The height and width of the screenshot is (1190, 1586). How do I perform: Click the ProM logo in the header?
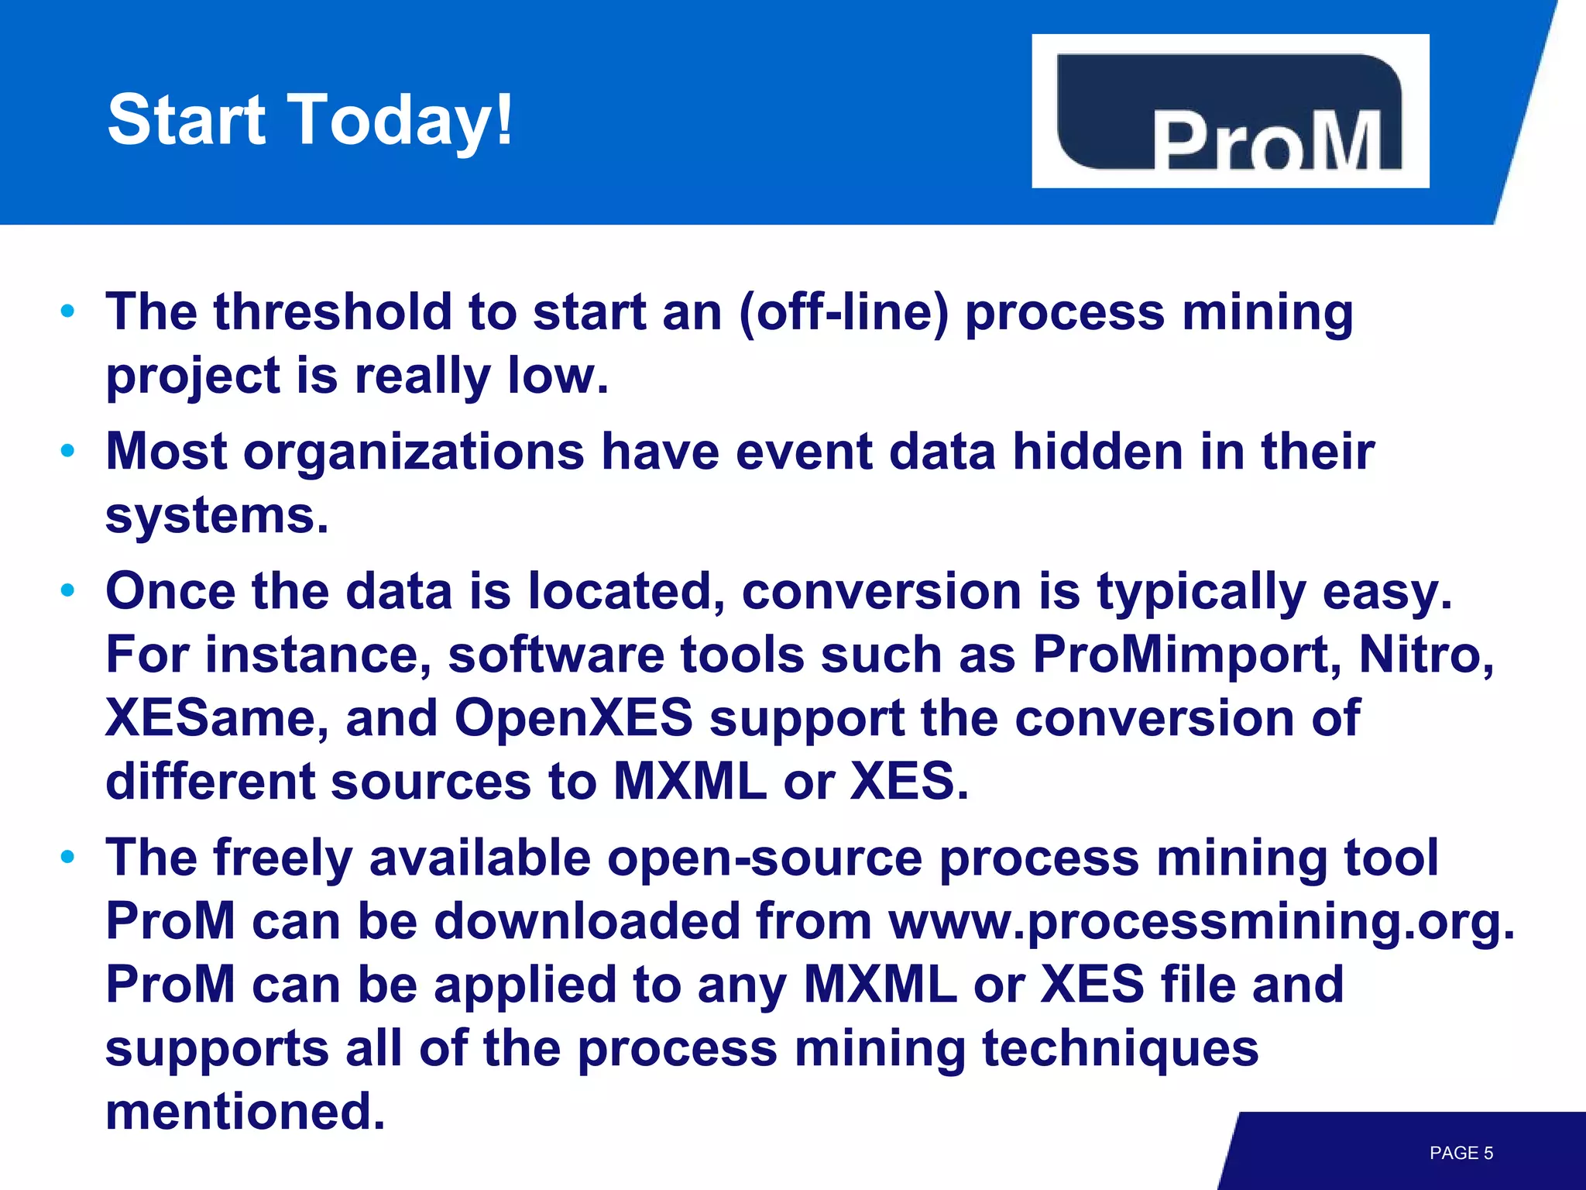point(1230,112)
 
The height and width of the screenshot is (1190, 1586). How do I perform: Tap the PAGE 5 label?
point(1461,1153)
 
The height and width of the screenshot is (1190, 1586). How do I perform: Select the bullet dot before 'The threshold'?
point(68,311)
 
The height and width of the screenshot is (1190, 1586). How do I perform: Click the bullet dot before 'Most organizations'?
point(68,451)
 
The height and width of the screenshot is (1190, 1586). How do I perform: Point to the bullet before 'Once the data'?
point(68,591)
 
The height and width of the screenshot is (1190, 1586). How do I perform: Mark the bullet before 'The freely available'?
point(68,857)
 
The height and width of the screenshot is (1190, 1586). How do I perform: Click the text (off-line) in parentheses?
point(843,313)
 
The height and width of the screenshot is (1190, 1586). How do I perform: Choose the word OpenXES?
point(573,718)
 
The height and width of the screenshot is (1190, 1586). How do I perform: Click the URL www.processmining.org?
point(1200,922)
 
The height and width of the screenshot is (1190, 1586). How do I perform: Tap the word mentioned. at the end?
point(245,1112)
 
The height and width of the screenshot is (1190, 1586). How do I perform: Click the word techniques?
point(1120,1048)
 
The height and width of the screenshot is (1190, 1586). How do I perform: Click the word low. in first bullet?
point(558,376)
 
